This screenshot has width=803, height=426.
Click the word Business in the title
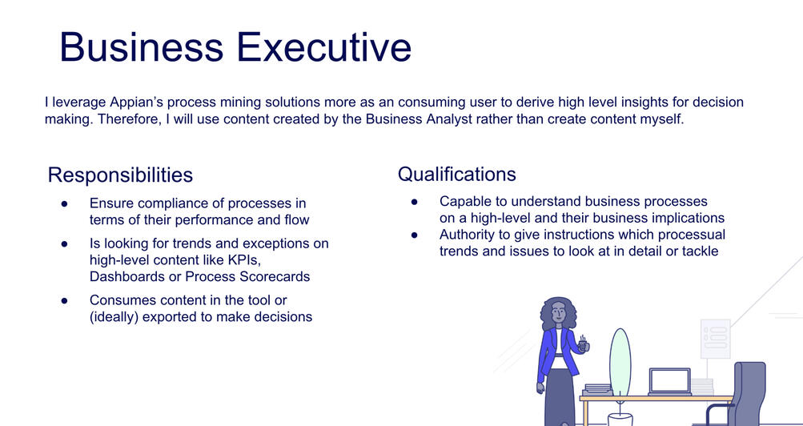tap(142, 46)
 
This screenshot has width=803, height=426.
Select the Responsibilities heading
tap(120, 175)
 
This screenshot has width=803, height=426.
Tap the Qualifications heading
tap(457, 174)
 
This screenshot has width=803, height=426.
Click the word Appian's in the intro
tap(137, 102)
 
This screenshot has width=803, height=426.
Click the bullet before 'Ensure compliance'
tap(65, 203)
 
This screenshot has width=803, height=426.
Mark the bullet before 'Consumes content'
tap(65, 300)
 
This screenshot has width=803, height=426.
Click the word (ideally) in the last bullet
tap(114, 317)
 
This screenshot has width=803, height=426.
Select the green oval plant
tap(620, 362)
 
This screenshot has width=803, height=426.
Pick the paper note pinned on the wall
tap(716, 339)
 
